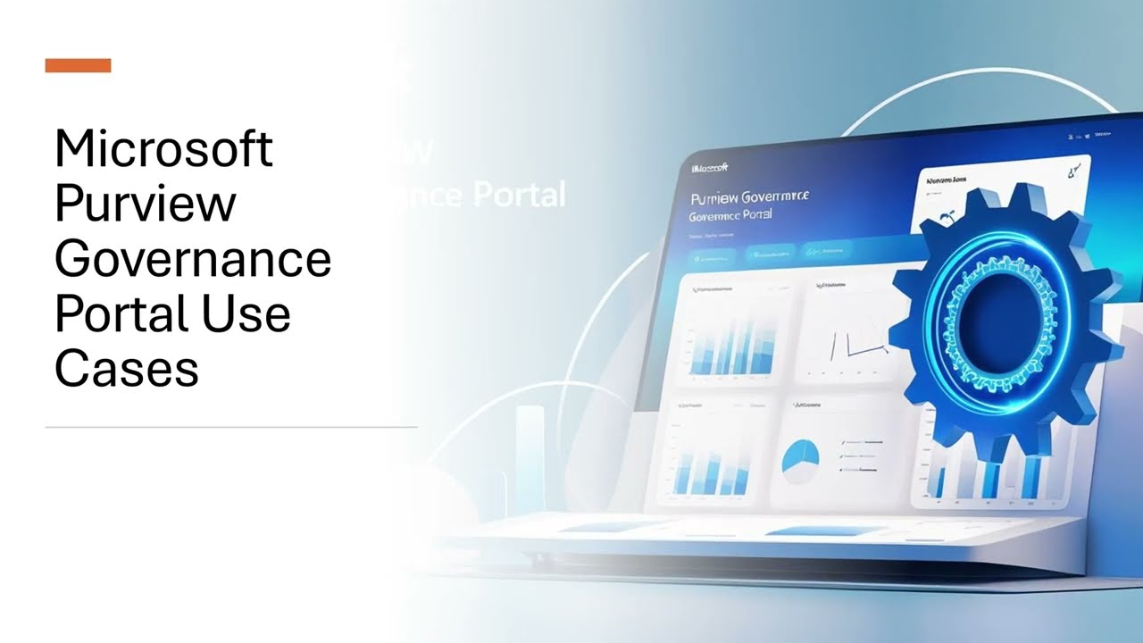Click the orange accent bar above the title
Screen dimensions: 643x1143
(78, 65)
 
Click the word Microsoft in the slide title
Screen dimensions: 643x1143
(163, 148)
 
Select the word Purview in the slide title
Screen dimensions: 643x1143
(145, 204)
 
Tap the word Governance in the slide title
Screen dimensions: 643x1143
(193, 259)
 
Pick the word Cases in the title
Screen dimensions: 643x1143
(126, 369)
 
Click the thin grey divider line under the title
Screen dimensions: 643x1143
(231, 427)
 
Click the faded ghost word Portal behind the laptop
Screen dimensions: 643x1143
(518, 194)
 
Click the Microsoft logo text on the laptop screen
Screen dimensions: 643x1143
(711, 167)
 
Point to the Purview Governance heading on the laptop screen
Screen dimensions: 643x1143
(750, 196)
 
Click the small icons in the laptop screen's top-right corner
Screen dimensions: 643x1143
(1089, 135)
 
